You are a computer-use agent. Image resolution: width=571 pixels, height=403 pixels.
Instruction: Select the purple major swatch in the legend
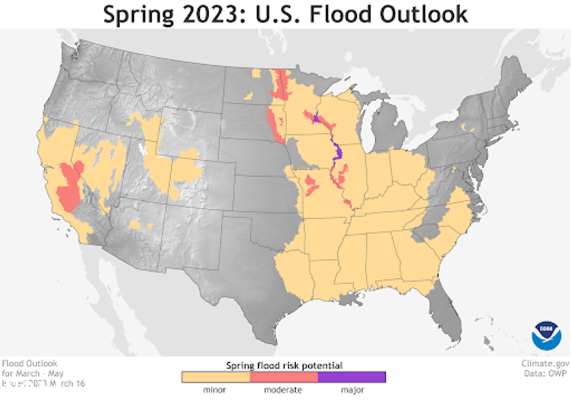352,377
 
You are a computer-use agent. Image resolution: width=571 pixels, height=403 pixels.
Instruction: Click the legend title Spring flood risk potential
284,366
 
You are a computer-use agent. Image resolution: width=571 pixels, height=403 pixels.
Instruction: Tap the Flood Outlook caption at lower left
30,363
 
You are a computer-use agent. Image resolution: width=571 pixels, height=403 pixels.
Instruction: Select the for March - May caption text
33,373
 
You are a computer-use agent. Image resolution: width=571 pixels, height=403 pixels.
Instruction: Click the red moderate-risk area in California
69,187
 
